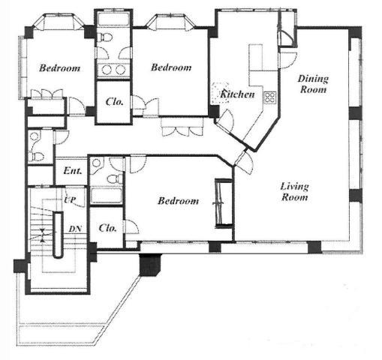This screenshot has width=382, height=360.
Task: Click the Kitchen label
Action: (x=237, y=94)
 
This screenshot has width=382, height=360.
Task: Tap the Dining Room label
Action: (x=313, y=84)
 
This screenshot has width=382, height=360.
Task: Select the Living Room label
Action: (x=294, y=192)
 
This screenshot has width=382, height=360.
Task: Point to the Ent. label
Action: (x=73, y=171)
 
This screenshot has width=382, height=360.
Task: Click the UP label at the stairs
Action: (x=70, y=199)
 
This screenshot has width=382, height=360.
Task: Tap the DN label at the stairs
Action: (x=75, y=229)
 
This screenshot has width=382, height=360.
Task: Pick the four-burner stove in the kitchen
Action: (x=270, y=97)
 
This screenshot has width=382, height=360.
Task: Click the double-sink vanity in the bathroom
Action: (x=113, y=70)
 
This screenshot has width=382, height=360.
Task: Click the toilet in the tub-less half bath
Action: (x=36, y=157)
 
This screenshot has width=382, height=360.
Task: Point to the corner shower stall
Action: (x=97, y=165)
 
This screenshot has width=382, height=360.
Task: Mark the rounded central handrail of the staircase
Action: (x=59, y=235)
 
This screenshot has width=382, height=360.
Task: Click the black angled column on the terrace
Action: (x=150, y=265)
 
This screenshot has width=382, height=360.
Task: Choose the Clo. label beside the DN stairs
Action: (x=107, y=228)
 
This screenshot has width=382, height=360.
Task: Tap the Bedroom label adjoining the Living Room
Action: (x=178, y=201)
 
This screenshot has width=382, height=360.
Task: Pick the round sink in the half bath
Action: (x=34, y=136)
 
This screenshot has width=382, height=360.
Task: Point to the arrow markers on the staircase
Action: (x=42, y=235)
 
